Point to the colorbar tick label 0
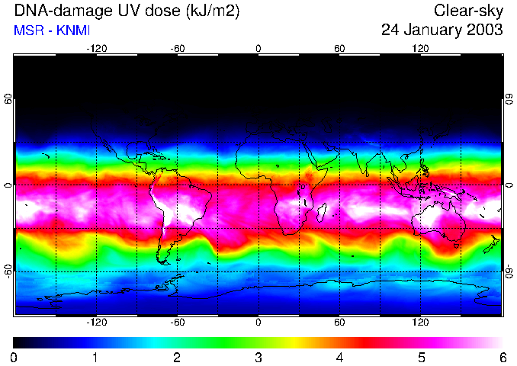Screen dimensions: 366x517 point(14,357)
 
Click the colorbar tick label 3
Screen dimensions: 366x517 point(258,357)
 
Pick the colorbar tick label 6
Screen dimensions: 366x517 point(502,357)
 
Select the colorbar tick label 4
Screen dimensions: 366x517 point(339,357)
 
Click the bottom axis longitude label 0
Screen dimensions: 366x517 point(258,323)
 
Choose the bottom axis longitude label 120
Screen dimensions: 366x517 point(421,323)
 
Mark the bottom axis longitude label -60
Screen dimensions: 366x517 point(177,323)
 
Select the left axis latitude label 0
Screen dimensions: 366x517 point(8,185)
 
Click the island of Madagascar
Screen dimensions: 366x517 point(322,210)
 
